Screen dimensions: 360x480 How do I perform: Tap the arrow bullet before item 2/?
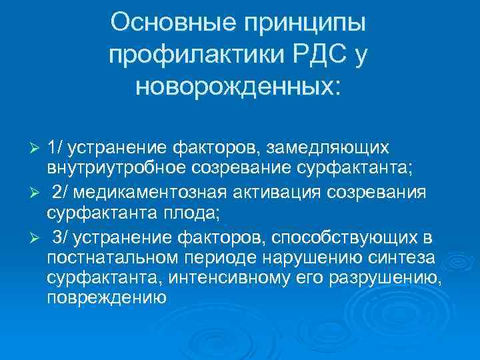37,193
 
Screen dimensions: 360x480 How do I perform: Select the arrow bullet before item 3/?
37,239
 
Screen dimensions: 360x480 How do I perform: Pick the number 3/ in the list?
61,238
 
